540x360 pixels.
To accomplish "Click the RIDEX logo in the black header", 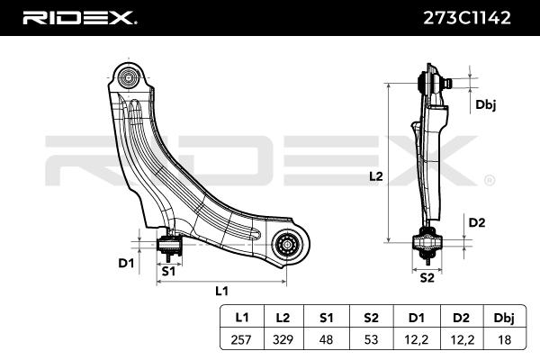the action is (x=79, y=18).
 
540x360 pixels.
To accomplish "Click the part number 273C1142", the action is (x=467, y=18).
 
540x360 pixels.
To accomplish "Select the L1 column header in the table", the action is (x=242, y=318).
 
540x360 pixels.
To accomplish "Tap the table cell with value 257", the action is (x=241, y=339).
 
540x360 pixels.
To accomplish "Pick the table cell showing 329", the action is (x=283, y=339).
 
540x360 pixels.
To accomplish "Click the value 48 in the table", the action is (x=326, y=339).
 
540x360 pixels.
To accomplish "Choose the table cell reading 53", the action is (x=371, y=339).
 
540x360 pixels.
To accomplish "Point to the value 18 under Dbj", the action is (x=505, y=339).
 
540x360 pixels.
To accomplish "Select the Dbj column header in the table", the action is (x=504, y=319).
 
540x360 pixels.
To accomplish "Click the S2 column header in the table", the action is (x=371, y=318).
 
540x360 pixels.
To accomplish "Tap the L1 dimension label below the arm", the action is (x=221, y=291).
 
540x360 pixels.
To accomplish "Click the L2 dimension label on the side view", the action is (x=376, y=176).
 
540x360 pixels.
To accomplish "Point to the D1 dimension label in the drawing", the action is (x=126, y=263).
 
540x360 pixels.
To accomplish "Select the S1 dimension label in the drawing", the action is (x=168, y=272).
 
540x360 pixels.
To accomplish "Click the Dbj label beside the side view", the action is (x=486, y=104).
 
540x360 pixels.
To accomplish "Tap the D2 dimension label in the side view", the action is (x=477, y=223).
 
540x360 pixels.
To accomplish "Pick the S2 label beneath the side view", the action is (x=427, y=278).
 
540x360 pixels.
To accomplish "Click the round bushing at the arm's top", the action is (x=129, y=78).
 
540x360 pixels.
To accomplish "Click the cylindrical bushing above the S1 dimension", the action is (x=169, y=244).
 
